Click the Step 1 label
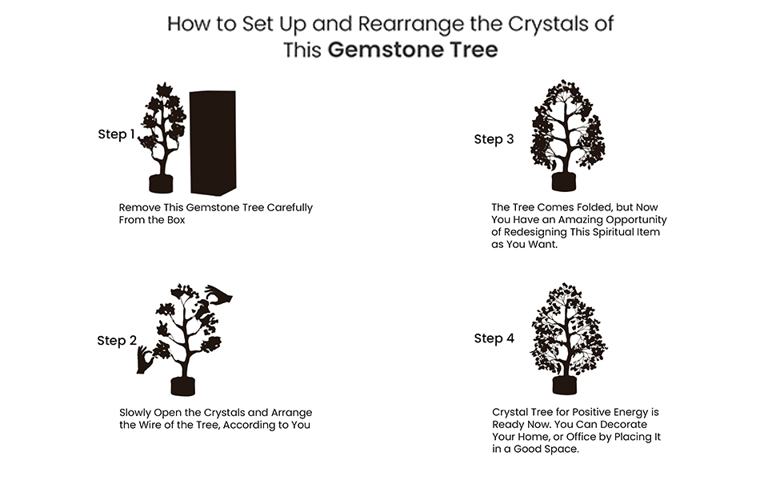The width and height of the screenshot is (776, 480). coord(116,134)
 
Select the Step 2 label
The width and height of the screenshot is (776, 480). coord(116,341)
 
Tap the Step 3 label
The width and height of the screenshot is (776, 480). coord(494,139)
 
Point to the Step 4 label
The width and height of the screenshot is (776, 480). coord(494,338)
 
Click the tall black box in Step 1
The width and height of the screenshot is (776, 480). coord(213,142)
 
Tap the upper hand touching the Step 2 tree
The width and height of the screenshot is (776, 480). coord(218,296)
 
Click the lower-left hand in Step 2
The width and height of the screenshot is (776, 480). coord(145,359)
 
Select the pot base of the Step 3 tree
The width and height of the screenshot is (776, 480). coord(564,181)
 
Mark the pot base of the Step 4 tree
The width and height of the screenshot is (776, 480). coord(564,385)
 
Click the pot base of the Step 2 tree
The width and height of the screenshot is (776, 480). coord(183,386)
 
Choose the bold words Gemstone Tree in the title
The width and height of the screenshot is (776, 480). coord(413,50)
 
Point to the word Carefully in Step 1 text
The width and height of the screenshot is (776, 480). coord(284,207)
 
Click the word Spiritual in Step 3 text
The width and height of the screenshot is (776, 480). coord(610,232)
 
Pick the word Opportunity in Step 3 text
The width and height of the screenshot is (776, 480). coord(634,219)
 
